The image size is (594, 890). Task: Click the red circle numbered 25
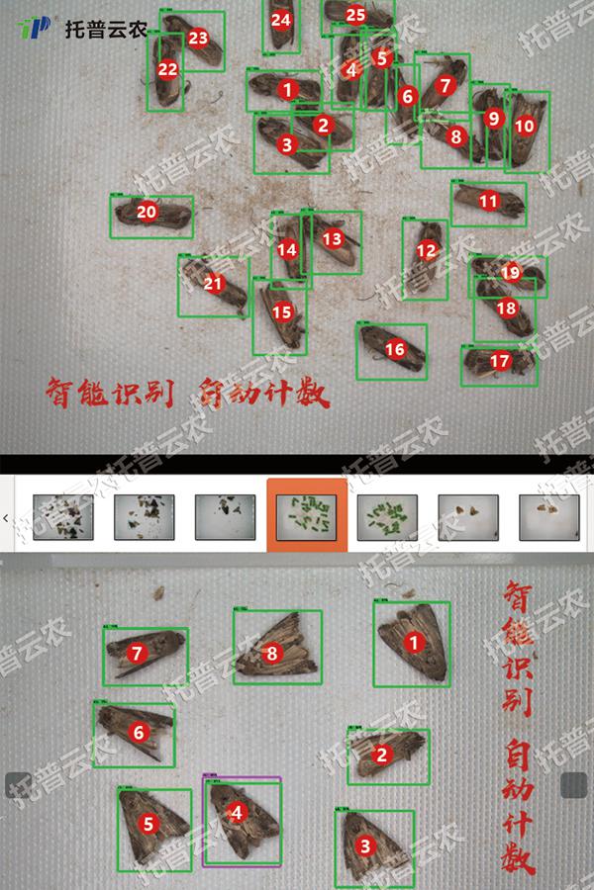[x=355, y=15]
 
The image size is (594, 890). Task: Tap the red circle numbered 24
[x=281, y=20]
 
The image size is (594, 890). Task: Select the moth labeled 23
[x=197, y=40]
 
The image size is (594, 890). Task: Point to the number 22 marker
[x=168, y=69]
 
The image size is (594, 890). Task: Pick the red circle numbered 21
[x=214, y=284]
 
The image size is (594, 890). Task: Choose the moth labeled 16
[x=393, y=349]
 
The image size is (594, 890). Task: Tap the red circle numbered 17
[x=500, y=362]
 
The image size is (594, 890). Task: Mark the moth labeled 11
[x=488, y=202]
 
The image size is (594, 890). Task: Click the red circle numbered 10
[x=525, y=126]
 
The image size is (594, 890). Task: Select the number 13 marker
[x=333, y=238]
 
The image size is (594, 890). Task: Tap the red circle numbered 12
[x=426, y=251]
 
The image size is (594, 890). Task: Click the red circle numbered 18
[x=507, y=308]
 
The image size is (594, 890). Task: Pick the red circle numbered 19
[x=510, y=272]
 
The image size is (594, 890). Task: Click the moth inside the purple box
[x=243, y=821]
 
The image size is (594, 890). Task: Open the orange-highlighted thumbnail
[x=307, y=515]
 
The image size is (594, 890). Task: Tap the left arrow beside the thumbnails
[x=7, y=517]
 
